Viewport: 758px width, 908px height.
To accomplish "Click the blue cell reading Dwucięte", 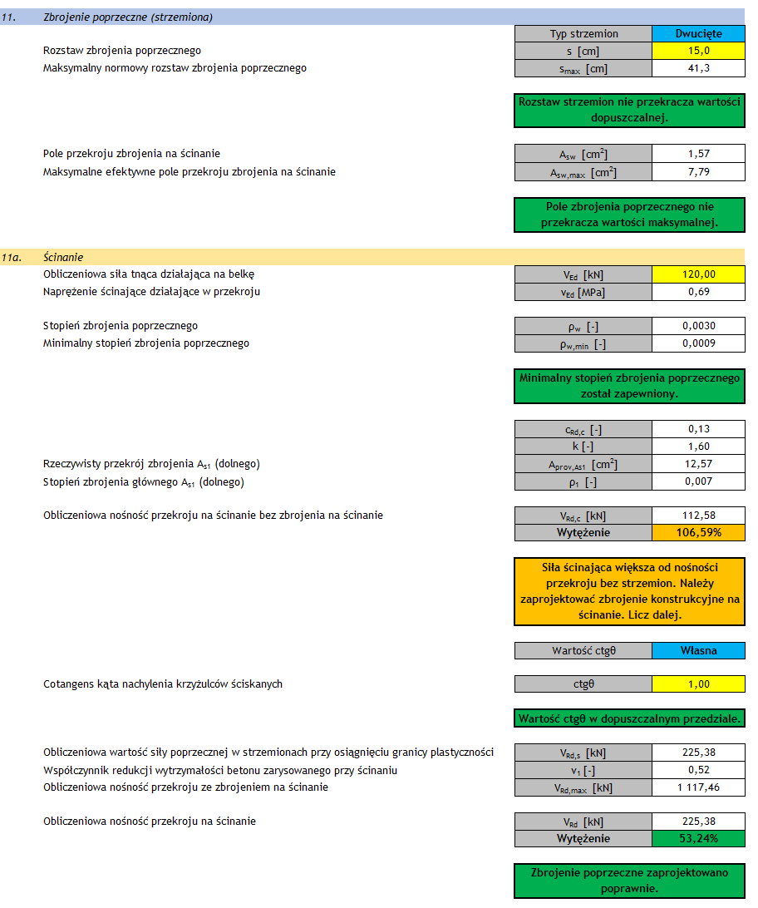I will click(x=698, y=34).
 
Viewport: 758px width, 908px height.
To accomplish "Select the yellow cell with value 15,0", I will click(x=698, y=51).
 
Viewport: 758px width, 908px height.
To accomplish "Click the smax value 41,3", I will click(x=698, y=68).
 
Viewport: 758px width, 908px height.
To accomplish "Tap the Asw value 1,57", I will click(x=698, y=154).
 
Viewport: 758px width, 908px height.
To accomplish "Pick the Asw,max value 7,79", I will click(x=698, y=172).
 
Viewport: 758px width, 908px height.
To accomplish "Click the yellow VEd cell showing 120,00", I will click(x=698, y=274).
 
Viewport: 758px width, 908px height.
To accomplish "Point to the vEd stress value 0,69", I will click(x=698, y=292).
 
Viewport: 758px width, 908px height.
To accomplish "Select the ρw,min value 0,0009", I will click(x=698, y=343).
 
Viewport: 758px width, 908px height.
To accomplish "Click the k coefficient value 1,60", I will click(x=698, y=447).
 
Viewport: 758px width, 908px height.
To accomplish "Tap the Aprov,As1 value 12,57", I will click(x=698, y=463).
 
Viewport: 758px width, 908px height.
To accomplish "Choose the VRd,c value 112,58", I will click(x=698, y=516).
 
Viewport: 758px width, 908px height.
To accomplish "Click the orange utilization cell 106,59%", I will click(x=698, y=532).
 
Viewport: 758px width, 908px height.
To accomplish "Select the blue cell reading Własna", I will click(x=698, y=650).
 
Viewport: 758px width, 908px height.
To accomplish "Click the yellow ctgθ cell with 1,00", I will click(x=698, y=684).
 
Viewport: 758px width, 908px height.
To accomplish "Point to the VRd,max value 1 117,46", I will click(x=698, y=787).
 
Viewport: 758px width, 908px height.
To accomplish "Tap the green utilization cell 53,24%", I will click(x=698, y=838).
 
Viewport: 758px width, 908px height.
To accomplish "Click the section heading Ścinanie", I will click(x=63, y=258).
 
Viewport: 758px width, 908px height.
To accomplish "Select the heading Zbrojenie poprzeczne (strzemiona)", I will click(x=127, y=17).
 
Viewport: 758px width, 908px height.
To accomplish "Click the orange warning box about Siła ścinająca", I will click(x=629, y=591).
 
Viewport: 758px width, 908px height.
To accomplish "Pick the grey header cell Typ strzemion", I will click(x=583, y=34).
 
